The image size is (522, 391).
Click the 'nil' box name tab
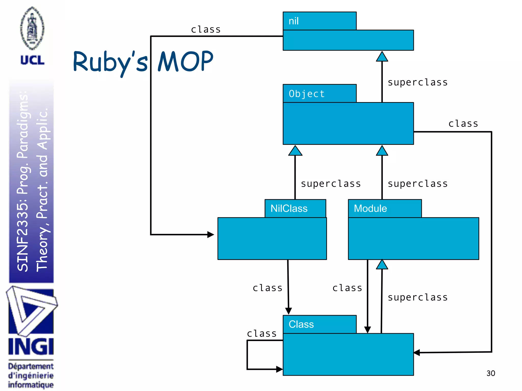[319, 21]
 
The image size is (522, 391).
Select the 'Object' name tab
[319, 93]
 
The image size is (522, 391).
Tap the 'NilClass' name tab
[295, 208]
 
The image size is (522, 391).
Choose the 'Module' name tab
[385, 208]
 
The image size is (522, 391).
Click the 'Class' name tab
[319, 324]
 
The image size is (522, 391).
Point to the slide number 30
[490, 373]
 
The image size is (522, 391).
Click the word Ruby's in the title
[110, 62]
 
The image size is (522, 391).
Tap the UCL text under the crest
[32, 60]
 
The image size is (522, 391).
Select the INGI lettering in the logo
[31, 347]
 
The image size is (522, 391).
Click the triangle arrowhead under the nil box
[382, 57]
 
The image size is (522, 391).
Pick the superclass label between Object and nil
[417, 82]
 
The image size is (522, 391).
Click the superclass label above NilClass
[331, 184]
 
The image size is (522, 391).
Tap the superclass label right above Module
[417, 184]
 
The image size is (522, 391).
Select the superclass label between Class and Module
[417, 297]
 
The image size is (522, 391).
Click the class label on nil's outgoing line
[206, 30]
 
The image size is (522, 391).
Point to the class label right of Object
[463, 124]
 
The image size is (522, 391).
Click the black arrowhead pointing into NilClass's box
[211, 234]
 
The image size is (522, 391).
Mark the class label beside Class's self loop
[262, 333]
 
